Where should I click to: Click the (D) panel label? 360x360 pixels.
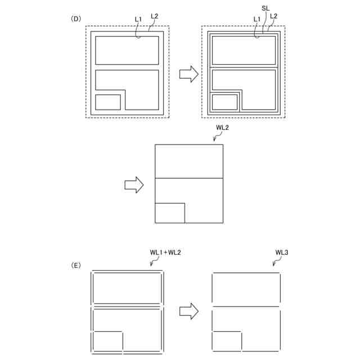click(x=75, y=19)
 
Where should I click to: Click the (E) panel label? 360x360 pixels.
click(x=75, y=264)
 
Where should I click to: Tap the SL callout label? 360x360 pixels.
click(x=265, y=9)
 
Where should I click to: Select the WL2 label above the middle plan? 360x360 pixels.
click(x=223, y=128)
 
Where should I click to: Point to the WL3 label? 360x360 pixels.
click(x=282, y=253)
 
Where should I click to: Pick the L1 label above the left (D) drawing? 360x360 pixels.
click(x=138, y=19)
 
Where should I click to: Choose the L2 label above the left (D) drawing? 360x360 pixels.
click(x=154, y=16)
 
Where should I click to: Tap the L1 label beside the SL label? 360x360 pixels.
click(x=257, y=19)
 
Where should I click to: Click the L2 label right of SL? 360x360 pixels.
click(x=273, y=16)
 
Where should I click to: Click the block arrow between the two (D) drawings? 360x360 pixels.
click(x=189, y=73)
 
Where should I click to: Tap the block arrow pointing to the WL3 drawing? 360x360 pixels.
click(x=189, y=311)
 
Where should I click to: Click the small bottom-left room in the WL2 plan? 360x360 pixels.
click(x=169, y=213)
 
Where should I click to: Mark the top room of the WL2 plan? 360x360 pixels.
click(x=188, y=161)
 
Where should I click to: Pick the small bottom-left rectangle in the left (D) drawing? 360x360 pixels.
click(x=108, y=102)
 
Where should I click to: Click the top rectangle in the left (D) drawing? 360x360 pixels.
click(x=127, y=50)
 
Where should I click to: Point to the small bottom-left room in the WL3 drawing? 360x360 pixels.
click(x=227, y=341)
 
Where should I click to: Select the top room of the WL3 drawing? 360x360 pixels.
click(x=246, y=289)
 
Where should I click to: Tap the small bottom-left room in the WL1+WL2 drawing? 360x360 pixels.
click(x=108, y=341)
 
